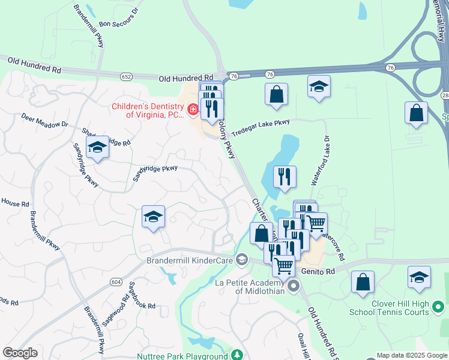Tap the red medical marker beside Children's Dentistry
[x=193, y=109]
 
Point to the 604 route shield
[x=116, y=282]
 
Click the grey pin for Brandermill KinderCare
[x=242, y=260]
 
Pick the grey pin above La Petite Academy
[x=293, y=286]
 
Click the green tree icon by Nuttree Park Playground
[x=237, y=355]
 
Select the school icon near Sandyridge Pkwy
[x=97, y=148]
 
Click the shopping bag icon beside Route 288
[x=416, y=112]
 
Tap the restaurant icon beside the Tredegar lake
[x=285, y=176]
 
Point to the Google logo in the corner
[x=20, y=353]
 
